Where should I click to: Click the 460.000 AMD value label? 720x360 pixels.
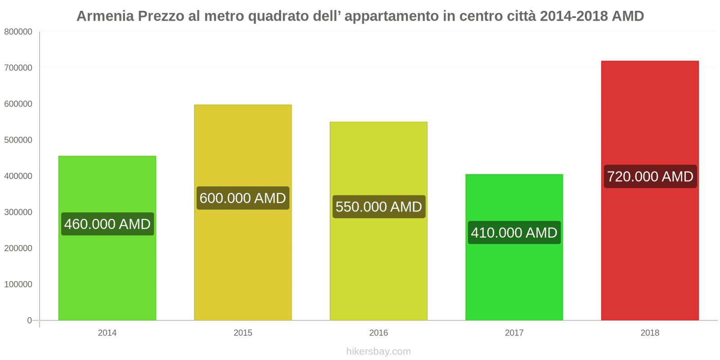tap(107, 224)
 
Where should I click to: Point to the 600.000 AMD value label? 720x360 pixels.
tap(243, 198)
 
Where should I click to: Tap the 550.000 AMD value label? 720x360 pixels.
tap(378, 207)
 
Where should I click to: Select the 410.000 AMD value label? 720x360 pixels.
tap(514, 233)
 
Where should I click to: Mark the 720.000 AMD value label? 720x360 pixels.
tap(650, 176)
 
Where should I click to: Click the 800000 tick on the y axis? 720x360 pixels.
tap(18, 32)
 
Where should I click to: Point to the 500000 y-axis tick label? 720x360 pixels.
tap(18, 140)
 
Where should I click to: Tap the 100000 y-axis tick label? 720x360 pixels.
tap(18, 284)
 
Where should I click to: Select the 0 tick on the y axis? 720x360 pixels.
tap(30, 320)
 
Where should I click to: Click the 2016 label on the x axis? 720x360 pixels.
tap(378, 333)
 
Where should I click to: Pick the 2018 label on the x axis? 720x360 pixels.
tap(650, 333)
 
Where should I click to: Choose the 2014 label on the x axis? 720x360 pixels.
tap(107, 333)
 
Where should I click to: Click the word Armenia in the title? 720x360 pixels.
tap(105, 16)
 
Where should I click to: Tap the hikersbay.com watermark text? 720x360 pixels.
tap(378, 351)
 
